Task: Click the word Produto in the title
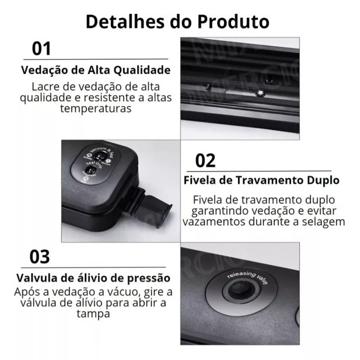point(233,22)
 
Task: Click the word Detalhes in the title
point(125,22)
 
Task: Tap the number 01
point(41,48)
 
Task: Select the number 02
point(205,160)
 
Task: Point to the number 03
point(40,257)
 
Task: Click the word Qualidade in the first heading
point(142,70)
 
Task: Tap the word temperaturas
point(96,109)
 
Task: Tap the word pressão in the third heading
point(149,278)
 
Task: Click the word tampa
point(93,314)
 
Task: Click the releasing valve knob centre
point(241,291)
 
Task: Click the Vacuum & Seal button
point(100,155)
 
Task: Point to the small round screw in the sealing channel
point(261,93)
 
